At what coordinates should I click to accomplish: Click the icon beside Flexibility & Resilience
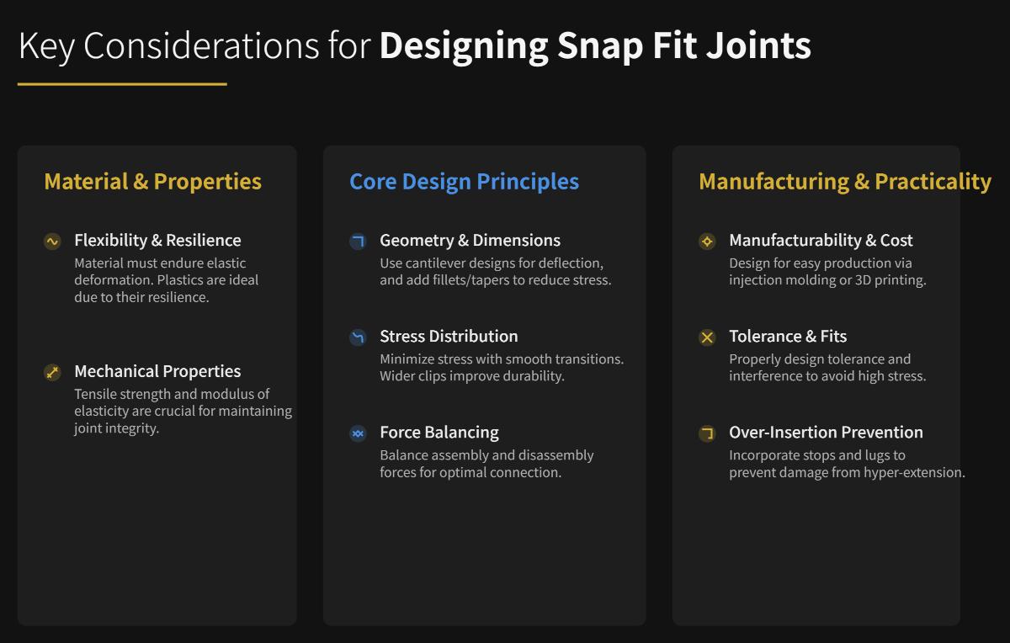coord(52,242)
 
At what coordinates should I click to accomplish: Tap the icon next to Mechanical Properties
coord(52,372)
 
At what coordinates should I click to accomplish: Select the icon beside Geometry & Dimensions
coord(358,242)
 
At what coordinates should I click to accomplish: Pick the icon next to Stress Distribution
coord(358,337)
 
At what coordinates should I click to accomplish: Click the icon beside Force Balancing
coord(358,433)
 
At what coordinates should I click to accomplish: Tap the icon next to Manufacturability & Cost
coord(707,242)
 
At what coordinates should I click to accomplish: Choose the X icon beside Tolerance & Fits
coord(707,337)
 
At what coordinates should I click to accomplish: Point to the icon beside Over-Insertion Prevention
coord(707,433)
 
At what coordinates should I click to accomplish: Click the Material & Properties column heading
coord(152,181)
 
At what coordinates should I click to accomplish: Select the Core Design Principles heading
coord(464,181)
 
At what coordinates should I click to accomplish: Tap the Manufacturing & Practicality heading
coord(844,181)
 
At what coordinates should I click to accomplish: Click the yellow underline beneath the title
coord(122,84)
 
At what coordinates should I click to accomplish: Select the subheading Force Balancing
coord(439,432)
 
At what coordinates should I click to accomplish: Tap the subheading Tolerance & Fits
coord(788,336)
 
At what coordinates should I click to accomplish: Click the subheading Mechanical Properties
coord(157,371)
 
